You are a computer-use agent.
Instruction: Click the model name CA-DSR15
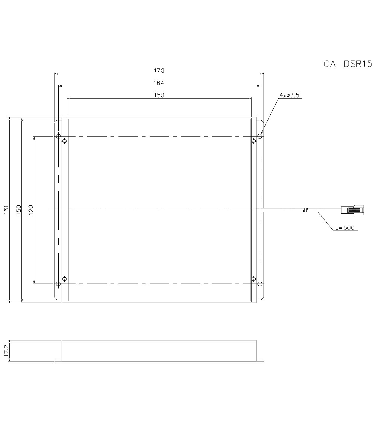[x=348, y=64]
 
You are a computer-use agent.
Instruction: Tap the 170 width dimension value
[x=159, y=70]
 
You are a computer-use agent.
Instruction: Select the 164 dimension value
[x=159, y=83]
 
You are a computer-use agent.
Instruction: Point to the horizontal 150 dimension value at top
[x=159, y=95]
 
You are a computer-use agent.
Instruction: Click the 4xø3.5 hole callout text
[x=290, y=95]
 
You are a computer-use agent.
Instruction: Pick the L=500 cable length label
[x=345, y=228]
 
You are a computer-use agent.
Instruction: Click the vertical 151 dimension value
[x=6, y=209]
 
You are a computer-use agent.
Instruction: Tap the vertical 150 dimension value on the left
[x=18, y=209]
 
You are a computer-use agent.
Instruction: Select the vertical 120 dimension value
[x=31, y=209]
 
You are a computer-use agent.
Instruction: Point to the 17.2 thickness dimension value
[x=6, y=351]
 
